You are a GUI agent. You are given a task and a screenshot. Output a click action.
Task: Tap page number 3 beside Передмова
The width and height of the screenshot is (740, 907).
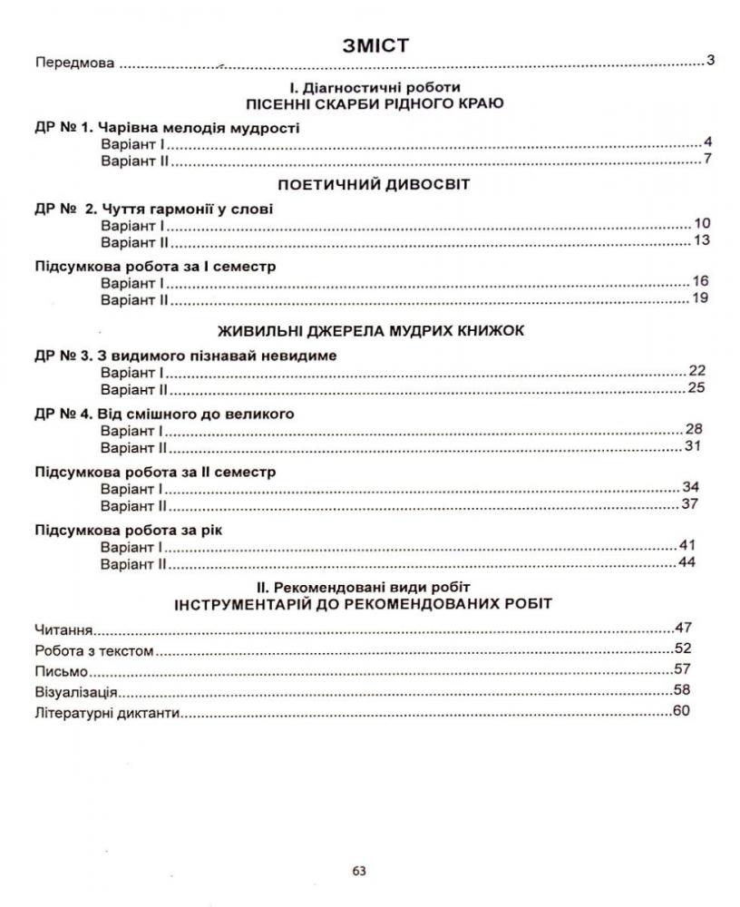(711, 62)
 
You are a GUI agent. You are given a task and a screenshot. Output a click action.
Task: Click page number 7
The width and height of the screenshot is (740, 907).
(707, 161)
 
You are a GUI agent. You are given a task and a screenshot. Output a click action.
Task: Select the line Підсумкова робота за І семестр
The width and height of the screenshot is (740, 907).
(155, 267)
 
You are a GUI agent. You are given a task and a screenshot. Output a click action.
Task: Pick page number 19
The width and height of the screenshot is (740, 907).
(698, 298)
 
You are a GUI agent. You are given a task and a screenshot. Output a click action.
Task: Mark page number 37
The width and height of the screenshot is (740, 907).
(691, 504)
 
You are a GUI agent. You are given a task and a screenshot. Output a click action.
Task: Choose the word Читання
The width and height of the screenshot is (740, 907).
(65, 629)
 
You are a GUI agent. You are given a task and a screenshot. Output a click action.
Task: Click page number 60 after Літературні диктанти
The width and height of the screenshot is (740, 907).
(681, 710)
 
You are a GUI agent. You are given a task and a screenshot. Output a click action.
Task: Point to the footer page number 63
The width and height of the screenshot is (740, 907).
(358, 872)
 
